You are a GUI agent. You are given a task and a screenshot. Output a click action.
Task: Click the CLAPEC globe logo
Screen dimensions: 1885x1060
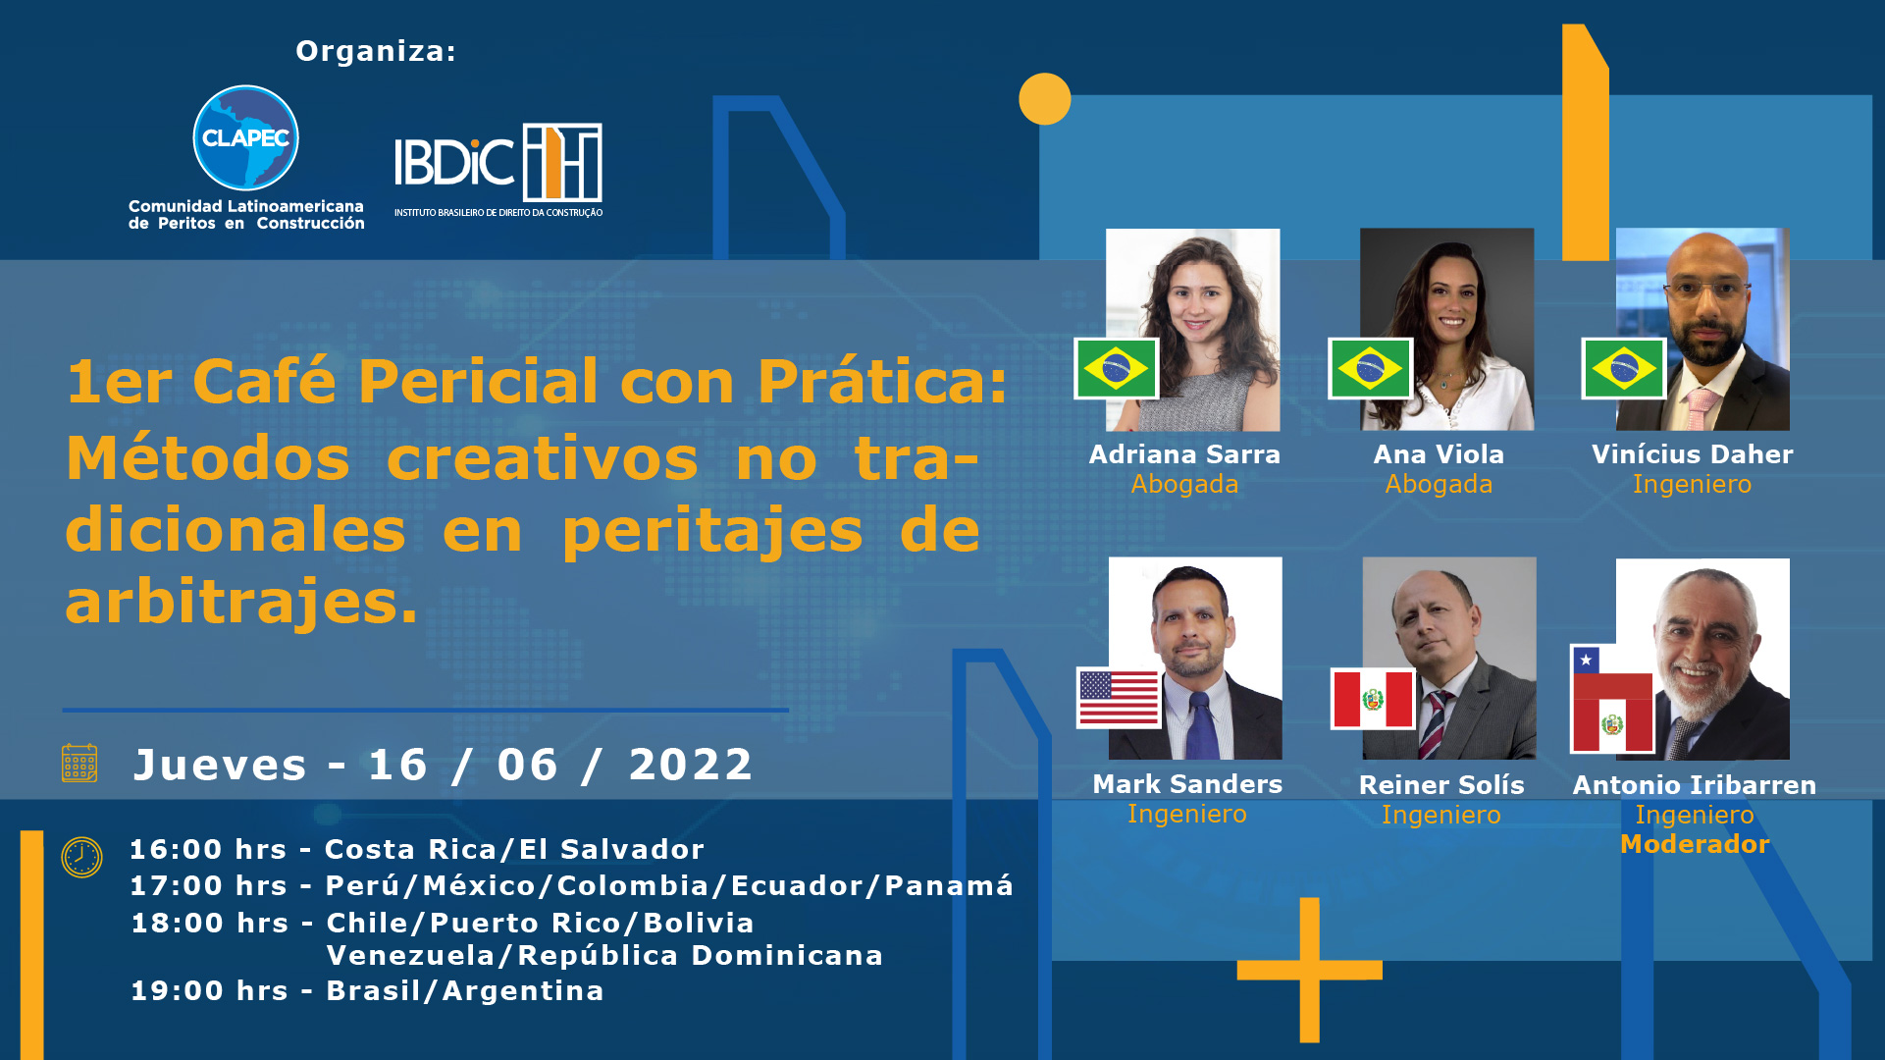tap(245, 137)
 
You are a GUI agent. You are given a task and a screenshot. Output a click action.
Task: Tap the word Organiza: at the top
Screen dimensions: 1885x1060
tap(376, 51)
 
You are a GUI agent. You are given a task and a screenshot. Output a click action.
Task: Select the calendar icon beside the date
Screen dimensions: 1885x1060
tap(79, 763)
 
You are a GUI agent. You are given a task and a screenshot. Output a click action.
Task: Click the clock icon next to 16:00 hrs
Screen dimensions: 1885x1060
tap(81, 857)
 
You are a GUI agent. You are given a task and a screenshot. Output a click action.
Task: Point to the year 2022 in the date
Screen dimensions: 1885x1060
tap(691, 765)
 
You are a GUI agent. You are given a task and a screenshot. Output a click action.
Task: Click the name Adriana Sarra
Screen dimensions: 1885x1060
tap(1184, 454)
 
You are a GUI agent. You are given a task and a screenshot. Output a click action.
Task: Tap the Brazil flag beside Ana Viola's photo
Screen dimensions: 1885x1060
tap(1370, 369)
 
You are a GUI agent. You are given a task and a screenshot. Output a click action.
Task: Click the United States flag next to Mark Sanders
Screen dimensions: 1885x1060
tap(1119, 698)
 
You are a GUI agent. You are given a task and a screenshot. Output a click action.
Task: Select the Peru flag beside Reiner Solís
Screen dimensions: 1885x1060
tap(1373, 699)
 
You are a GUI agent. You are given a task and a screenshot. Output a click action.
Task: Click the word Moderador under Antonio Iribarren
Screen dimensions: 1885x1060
tap(1695, 844)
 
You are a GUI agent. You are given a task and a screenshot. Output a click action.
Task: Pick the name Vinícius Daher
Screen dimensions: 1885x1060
tap(1692, 454)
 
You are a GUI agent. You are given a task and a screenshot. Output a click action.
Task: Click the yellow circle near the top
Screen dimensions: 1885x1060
tap(1044, 99)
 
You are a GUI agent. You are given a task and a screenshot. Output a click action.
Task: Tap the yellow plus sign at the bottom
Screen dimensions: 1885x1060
tap(1309, 970)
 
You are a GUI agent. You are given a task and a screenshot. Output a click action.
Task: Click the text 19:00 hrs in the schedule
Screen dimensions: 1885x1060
tap(209, 991)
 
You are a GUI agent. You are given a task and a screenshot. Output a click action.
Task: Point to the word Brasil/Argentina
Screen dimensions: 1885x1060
tap(465, 991)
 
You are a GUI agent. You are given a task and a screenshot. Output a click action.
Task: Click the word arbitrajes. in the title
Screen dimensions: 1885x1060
tap(241, 602)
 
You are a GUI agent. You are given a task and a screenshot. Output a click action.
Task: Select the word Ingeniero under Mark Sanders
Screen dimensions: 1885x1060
tap(1187, 814)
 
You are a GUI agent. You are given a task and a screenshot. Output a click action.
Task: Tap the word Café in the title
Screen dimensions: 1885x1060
tap(264, 381)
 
